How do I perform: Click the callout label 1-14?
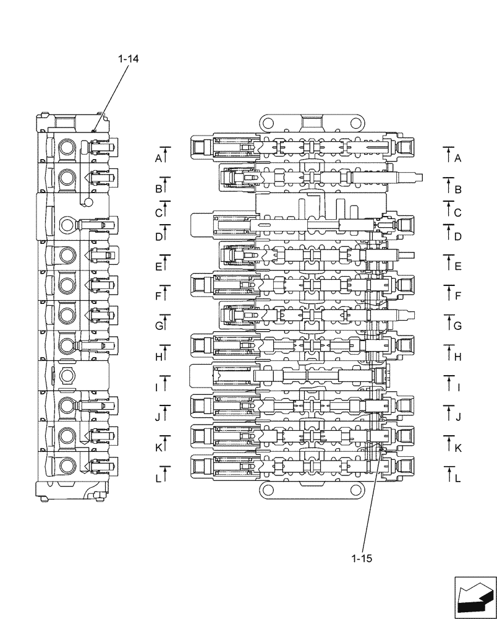point(129,59)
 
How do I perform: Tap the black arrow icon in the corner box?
point(475,596)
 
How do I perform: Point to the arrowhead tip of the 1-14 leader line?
point(92,132)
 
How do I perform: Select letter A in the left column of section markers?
point(158,158)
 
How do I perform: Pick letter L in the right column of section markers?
point(457,478)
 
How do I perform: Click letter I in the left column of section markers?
point(157,387)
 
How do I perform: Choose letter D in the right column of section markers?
point(457,236)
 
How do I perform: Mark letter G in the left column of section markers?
point(158,326)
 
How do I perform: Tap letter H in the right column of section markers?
point(457,357)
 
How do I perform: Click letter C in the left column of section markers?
point(158,213)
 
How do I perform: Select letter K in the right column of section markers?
point(457,448)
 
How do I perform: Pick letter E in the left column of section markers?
point(158,267)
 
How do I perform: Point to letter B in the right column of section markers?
point(457,189)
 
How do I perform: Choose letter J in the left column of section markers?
point(158,418)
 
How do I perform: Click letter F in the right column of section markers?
point(457,297)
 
